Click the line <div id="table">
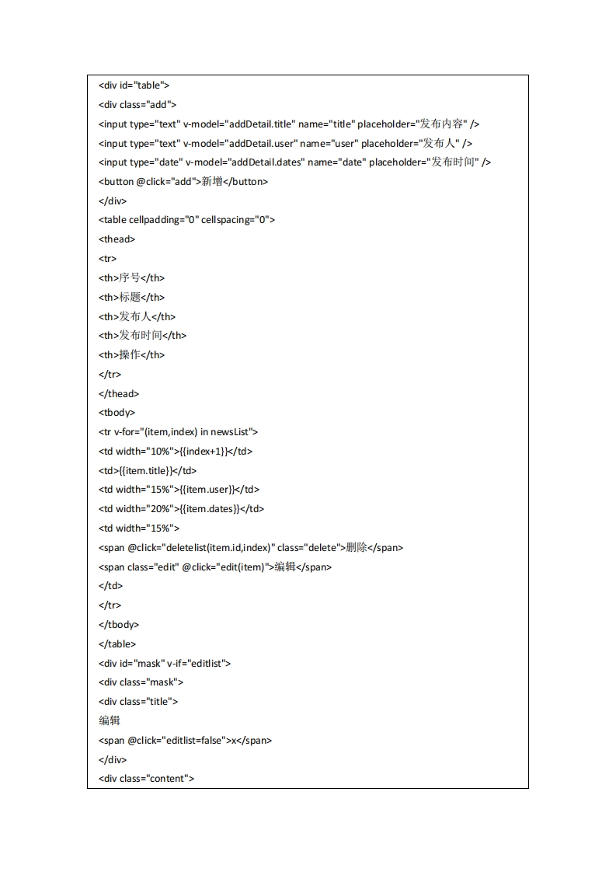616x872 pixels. (x=134, y=85)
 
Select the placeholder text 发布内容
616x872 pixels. (x=441, y=124)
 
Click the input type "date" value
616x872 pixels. (x=166, y=162)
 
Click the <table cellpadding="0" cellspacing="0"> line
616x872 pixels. (x=186, y=220)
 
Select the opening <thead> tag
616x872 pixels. (x=117, y=239)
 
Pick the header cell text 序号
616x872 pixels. (x=130, y=277)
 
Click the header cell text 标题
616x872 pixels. (x=130, y=297)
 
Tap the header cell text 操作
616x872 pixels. (x=130, y=354)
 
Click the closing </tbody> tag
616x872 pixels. (x=119, y=624)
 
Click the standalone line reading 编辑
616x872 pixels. (x=110, y=720)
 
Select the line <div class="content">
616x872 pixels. (x=146, y=778)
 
